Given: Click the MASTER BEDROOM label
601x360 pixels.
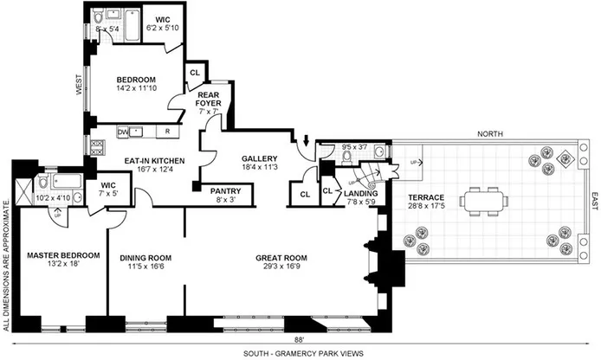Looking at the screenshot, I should pyautogui.click(x=62, y=255).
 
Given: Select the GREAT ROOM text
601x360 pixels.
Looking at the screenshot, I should pyautogui.click(x=281, y=256).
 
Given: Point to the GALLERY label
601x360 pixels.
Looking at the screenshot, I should pyautogui.click(x=259, y=158).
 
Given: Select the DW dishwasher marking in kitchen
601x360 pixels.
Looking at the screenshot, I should pyautogui.click(x=123, y=132).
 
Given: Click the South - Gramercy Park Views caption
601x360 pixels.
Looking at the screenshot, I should pyautogui.click(x=299, y=353).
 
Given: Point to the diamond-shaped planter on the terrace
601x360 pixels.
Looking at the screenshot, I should pyautogui.click(x=565, y=157).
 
